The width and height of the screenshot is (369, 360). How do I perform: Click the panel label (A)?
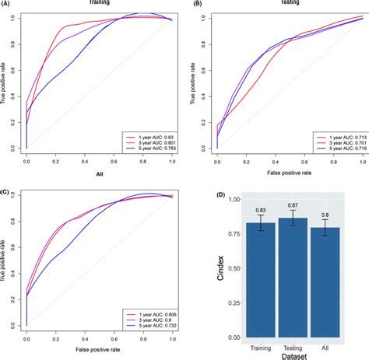pyautogui.click(x=7, y=4)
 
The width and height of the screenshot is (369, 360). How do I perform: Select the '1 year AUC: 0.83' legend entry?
pyautogui.click(x=153, y=135)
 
